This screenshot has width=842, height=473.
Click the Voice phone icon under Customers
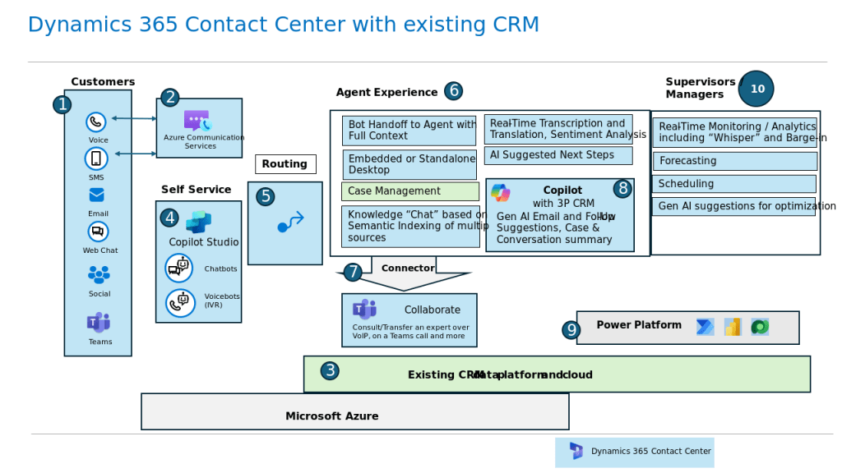(96, 122)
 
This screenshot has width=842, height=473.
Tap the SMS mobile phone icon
(96, 158)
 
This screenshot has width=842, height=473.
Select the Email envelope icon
(97, 195)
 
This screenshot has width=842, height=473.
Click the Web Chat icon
(98, 232)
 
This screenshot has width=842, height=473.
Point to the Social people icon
(99, 274)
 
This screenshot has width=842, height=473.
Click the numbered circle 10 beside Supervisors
(756, 89)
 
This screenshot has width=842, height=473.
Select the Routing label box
(285, 164)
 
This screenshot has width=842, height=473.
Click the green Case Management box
(409, 191)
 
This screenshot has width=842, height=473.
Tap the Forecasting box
(734, 161)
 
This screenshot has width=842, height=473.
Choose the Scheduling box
(733, 184)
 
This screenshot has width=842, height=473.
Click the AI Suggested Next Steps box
(557, 155)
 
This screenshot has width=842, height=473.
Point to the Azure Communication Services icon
(197, 121)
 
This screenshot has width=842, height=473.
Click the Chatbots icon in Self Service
(178, 268)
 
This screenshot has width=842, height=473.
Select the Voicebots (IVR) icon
(178, 303)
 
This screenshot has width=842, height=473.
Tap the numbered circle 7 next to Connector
(353, 272)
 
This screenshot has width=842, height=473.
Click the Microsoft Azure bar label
(331, 416)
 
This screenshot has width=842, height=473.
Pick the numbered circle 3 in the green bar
(330, 371)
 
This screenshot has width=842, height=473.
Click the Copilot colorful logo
(500, 193)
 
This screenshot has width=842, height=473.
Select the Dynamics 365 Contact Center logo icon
(576, 451)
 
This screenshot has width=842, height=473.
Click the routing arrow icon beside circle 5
(290, 223)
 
